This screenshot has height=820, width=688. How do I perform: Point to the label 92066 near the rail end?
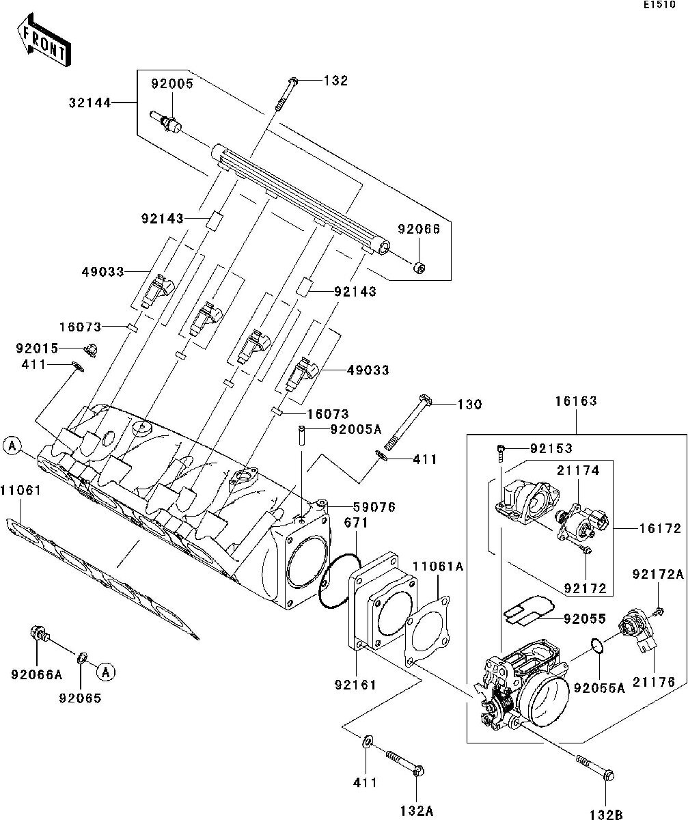(x=419, y=230)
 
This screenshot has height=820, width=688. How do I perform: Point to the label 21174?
(x=578, y=471)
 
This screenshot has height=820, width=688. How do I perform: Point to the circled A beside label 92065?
(x=105, y=672)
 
